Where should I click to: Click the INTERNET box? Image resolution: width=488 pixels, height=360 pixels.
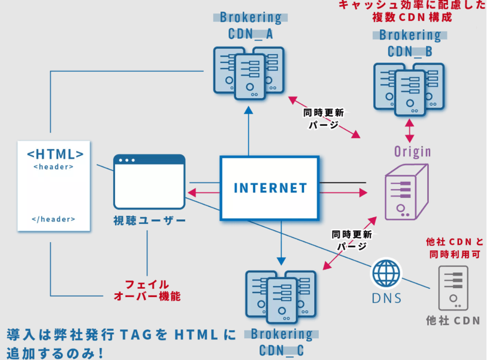point(269,187)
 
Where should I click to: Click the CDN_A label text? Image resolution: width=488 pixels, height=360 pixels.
point(251,34)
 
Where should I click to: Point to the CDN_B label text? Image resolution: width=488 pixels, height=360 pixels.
point(410,52)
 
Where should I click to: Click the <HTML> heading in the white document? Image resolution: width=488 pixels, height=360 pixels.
point(55,155)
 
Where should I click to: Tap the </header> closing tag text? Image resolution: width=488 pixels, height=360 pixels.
point(53,219)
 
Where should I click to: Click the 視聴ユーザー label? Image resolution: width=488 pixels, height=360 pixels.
point(150,221)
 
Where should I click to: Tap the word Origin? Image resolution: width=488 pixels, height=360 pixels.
point(413,151)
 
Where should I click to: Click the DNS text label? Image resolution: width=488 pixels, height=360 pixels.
point(387,298)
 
